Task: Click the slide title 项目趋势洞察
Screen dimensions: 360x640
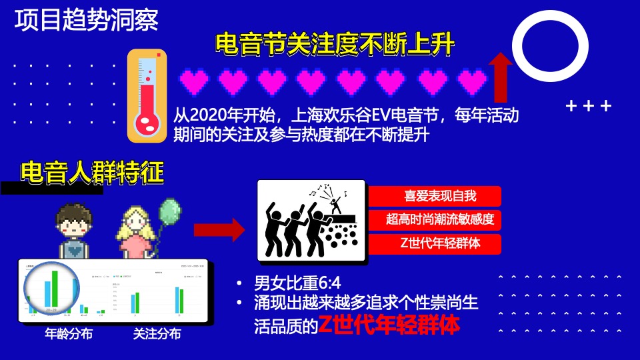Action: point(87,20)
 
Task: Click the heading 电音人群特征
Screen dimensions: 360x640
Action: point(92,173)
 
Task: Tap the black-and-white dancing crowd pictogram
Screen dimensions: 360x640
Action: point(311,220)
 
